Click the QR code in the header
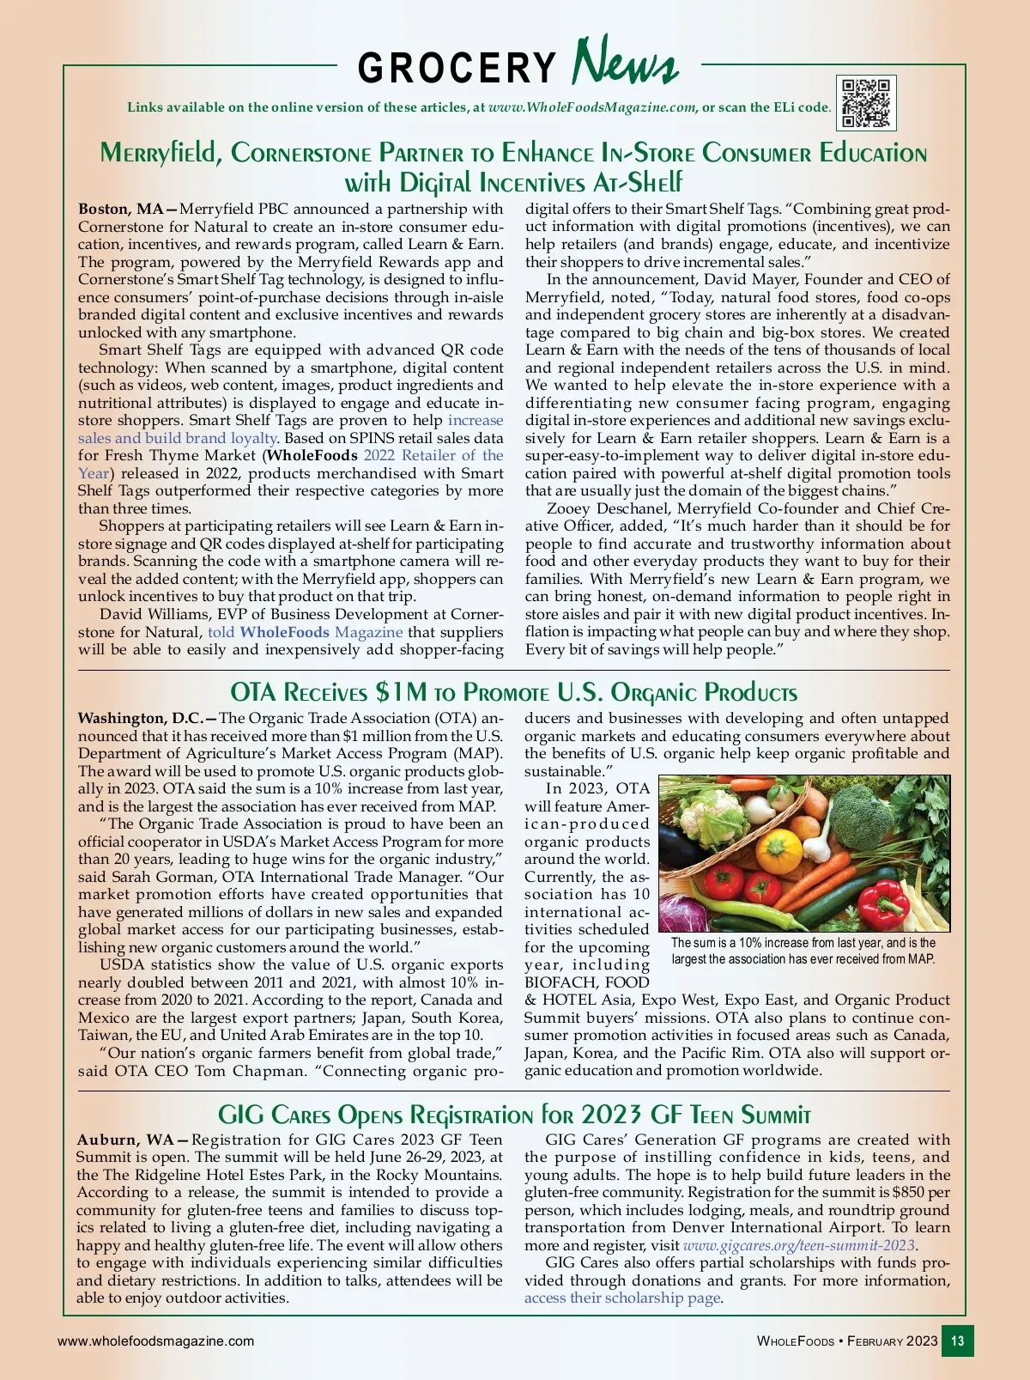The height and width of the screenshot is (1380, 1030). (866, 103)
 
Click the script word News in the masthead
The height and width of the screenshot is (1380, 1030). (625, 62)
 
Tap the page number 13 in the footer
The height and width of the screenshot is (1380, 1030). (958, 1340)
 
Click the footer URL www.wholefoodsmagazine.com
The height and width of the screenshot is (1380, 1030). (155, 1340)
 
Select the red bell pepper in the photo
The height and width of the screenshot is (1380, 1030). (883, 899)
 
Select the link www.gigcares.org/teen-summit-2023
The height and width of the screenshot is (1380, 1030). (799, 1245)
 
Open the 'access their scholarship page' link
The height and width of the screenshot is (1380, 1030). (622, 1298)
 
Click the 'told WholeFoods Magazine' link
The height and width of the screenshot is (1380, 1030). (305, 632)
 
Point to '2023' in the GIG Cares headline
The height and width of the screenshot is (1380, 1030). (610, 1115)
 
